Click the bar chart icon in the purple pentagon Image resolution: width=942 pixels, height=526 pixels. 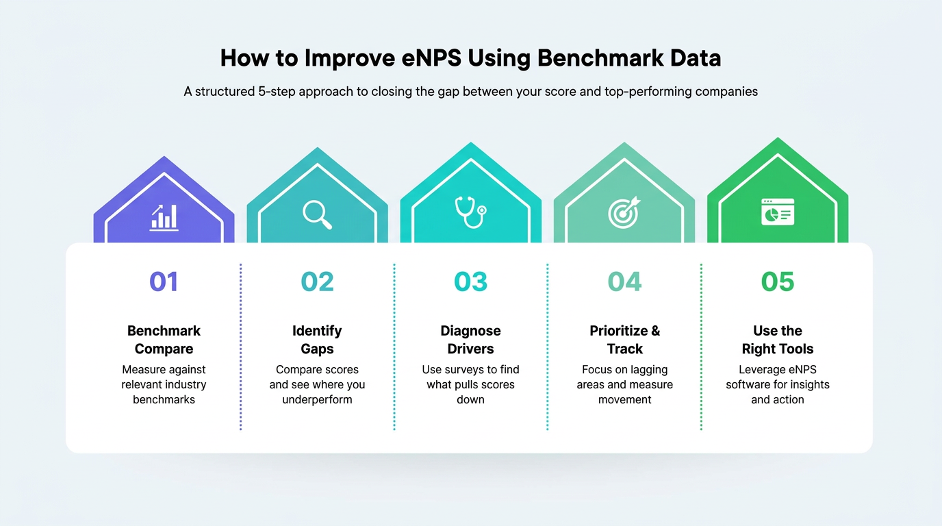[164, 216]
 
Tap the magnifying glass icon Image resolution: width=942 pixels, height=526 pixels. [318, 214]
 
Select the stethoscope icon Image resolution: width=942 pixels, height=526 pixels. [470, 212]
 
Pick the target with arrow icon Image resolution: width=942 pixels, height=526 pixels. [624, 212]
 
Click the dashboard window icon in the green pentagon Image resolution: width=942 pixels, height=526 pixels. [778, 212]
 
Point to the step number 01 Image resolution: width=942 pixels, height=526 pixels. [164, 281]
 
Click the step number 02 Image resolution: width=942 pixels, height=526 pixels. [317, 281]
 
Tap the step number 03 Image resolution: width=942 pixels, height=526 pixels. [470, 281]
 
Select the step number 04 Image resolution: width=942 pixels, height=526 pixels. [624, 281]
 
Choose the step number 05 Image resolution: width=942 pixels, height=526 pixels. [778, 281]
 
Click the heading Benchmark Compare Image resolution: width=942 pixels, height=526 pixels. [164, 340]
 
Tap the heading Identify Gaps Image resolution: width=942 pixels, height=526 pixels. [317, 340]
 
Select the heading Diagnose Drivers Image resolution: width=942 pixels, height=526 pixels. [470, 340]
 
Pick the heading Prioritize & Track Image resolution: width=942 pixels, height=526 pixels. [624, 340]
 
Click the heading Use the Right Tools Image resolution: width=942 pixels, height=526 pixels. [778, 340]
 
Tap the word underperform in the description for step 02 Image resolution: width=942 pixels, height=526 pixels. [317, 399]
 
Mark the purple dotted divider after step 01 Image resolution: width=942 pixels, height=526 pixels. [241, 347]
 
